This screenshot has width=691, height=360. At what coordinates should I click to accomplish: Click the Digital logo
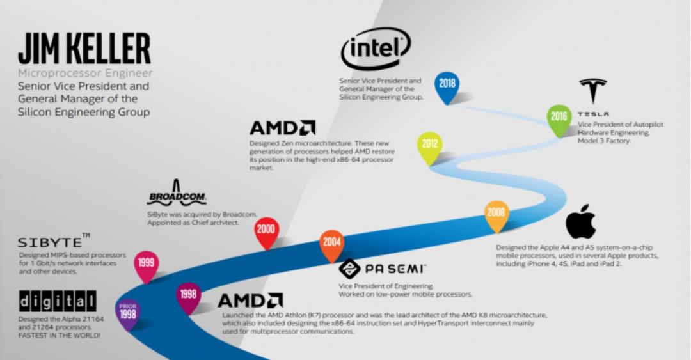coord(58,300)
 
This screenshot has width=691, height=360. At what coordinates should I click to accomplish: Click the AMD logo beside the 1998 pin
coord(250,301)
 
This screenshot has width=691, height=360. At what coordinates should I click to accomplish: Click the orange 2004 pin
coord(331,244)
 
